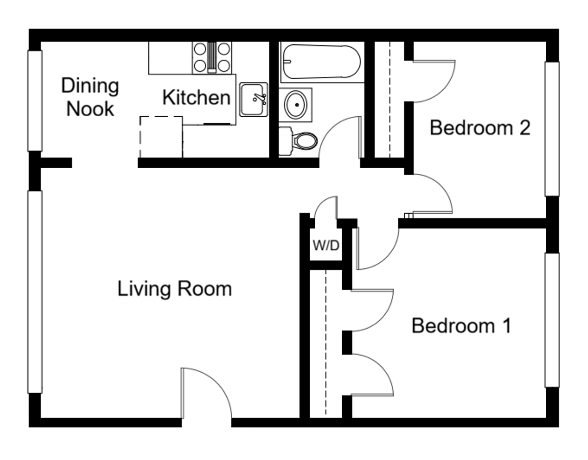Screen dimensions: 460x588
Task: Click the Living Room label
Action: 174,289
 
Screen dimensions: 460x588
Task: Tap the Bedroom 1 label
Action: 461,326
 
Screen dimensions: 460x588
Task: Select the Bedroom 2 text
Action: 480,128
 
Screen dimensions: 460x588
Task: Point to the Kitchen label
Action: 196,98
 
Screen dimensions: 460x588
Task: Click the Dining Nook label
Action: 89,97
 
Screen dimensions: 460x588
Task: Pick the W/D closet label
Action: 326,245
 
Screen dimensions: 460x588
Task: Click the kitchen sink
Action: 253,100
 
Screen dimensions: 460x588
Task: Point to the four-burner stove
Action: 212,57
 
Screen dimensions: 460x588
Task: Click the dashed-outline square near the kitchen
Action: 161,137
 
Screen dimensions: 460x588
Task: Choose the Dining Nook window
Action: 35,101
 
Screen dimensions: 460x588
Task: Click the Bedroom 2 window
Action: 553,129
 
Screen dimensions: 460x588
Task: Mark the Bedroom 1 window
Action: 553,320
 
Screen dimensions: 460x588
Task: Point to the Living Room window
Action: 35,292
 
